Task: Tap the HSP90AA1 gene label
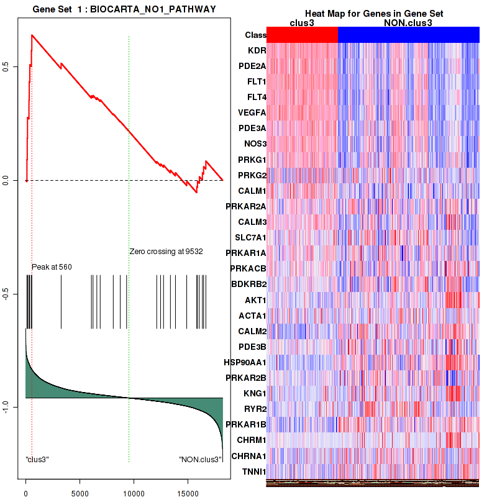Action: pos(245,362)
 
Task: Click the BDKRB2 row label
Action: pos(248,284)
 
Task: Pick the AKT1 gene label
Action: pos(255,300)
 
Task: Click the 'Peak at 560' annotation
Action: pos(52,267)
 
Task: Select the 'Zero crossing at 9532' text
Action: pos(166,252)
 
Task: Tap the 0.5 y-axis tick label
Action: pos(14,66)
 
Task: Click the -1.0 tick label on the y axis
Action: pos(14,406)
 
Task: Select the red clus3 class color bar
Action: pos(302,35)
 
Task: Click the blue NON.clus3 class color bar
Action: pos(408,35)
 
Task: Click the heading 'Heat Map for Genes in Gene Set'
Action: pos(373,14)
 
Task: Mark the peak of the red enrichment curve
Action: pos(32,35)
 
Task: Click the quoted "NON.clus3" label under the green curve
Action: pos(200,460)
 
